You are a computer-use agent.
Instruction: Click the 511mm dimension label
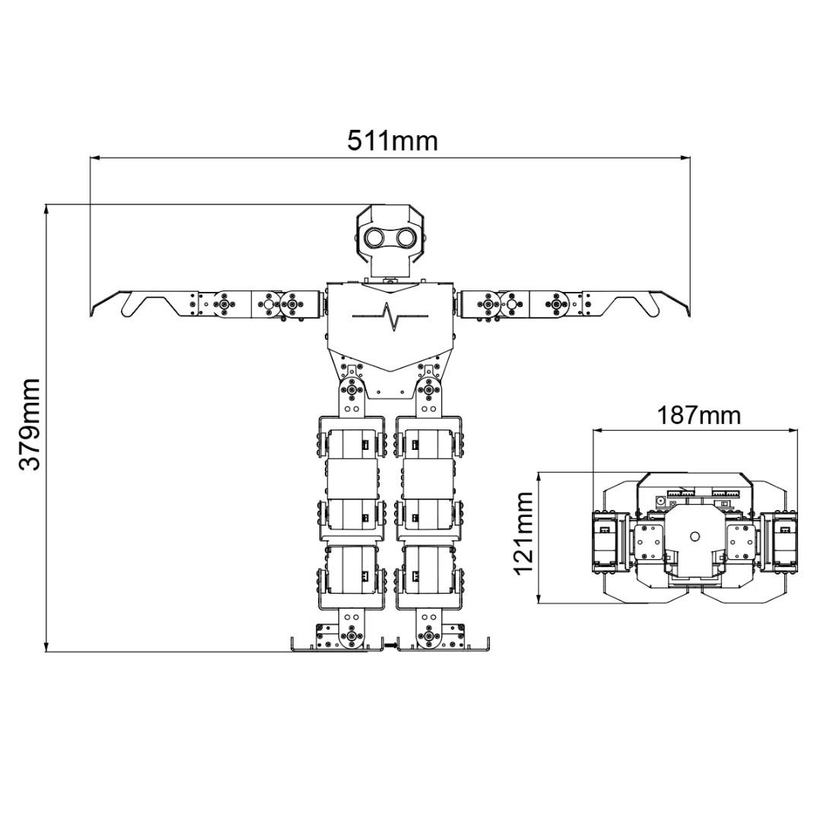(392, 141)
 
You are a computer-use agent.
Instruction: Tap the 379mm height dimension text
(29, 425)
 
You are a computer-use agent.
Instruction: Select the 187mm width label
(698, 416)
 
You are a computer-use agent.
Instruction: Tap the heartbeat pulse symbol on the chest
(390, 315)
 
